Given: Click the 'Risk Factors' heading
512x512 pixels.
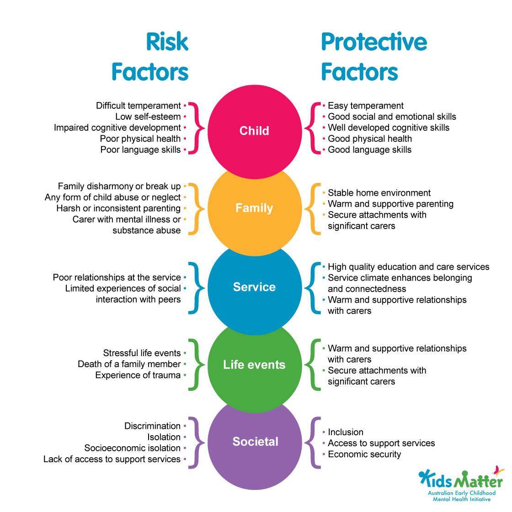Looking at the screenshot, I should click(x=150, y=57).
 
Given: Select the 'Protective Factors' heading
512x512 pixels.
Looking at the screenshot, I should click(x=373, y=57).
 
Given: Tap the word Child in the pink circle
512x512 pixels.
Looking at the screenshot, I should click(x=254, y=131).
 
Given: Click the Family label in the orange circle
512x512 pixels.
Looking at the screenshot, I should click(x=254, y=208).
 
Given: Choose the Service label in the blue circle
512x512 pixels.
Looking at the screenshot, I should click(x=254, y=287).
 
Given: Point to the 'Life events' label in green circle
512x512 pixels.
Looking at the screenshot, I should click(x=254, y=365).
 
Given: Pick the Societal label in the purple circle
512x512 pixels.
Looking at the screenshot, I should click(x=255, y=442).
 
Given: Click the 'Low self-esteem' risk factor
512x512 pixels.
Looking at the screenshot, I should click(x=148, y=117).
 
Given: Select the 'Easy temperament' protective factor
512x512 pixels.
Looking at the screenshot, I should click(x=366, y=106).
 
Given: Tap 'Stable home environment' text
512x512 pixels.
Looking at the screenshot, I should click(x=379, y=193).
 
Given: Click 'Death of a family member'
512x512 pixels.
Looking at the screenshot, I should click(x=129, y=364).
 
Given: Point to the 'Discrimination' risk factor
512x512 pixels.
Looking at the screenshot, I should click(x=152, y=426).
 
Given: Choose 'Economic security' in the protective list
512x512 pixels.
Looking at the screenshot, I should click(x=364, y=454).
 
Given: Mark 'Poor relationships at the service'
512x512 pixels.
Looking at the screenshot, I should click(x=117, y=277).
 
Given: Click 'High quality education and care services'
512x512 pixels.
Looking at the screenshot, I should click(x=408, y=267).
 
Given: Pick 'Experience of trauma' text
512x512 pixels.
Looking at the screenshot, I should click(x=138, y=375).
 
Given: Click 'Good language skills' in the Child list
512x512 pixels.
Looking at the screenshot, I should click(x=369, y=149).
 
